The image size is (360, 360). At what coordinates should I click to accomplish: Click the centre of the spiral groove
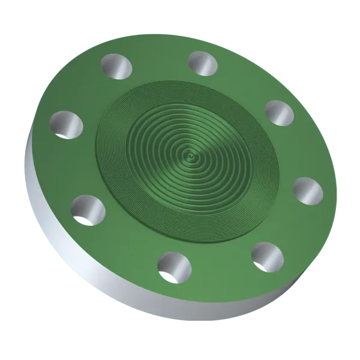pyautogui.click(x=190, y=158)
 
